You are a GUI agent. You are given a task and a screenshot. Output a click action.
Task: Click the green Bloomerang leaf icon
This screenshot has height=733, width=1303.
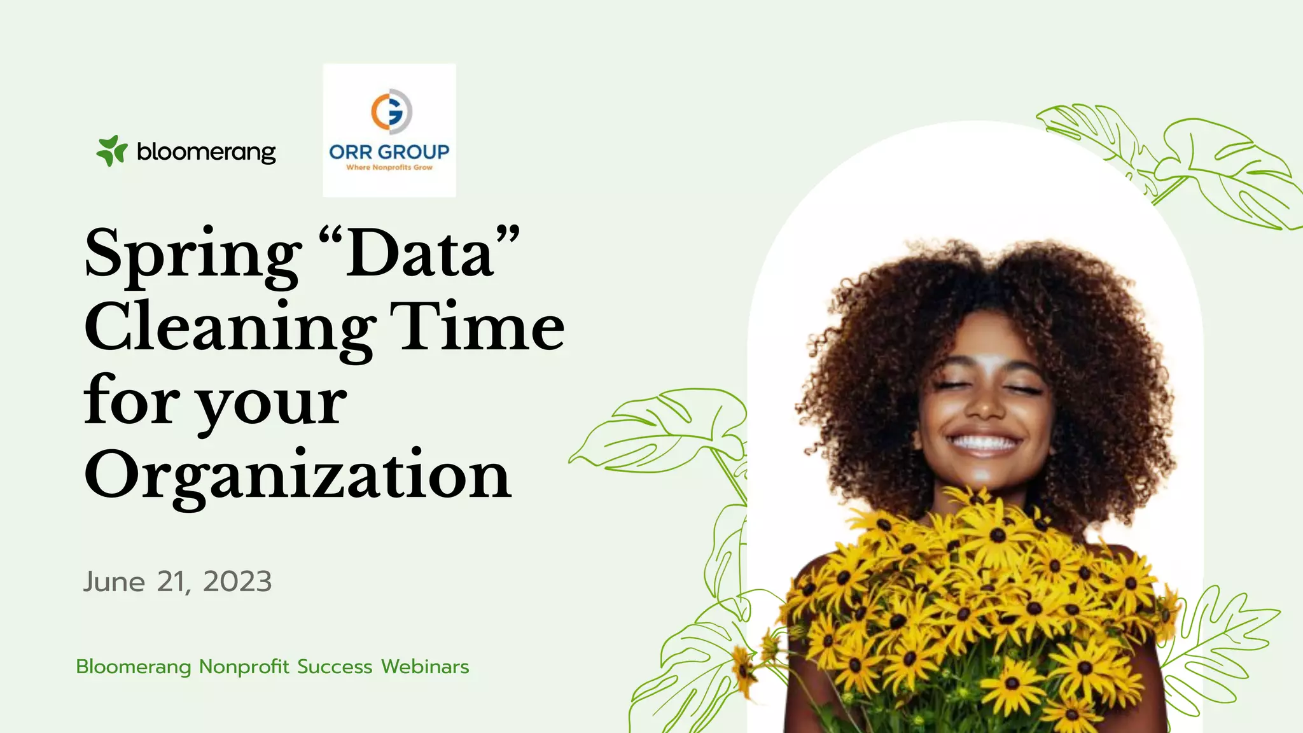(111, 151)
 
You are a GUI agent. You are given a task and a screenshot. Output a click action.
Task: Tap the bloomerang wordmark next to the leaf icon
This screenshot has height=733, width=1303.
(206, 152)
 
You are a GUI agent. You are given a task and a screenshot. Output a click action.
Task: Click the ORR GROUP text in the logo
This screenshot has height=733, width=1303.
(389, 152)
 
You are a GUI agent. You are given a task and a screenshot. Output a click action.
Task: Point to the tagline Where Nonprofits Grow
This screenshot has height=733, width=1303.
(389, 167)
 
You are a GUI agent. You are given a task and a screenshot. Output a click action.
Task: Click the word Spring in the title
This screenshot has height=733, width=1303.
(193, 255)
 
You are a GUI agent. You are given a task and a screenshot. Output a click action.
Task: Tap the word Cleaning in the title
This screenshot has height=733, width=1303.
(229, 328)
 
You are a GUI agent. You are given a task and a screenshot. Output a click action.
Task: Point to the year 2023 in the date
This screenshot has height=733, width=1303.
(237, 582)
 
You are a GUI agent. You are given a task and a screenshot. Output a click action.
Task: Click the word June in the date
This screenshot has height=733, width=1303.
(115, 582)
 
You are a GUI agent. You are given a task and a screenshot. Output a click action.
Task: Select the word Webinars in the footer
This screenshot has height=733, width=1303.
(425, 667)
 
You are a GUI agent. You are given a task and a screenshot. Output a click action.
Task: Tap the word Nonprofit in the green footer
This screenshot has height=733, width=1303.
(244, 667)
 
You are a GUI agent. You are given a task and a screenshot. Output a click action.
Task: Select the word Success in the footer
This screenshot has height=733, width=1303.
(335, 667)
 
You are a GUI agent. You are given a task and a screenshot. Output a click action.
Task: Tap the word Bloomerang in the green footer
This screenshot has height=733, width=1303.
(134, 667)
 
